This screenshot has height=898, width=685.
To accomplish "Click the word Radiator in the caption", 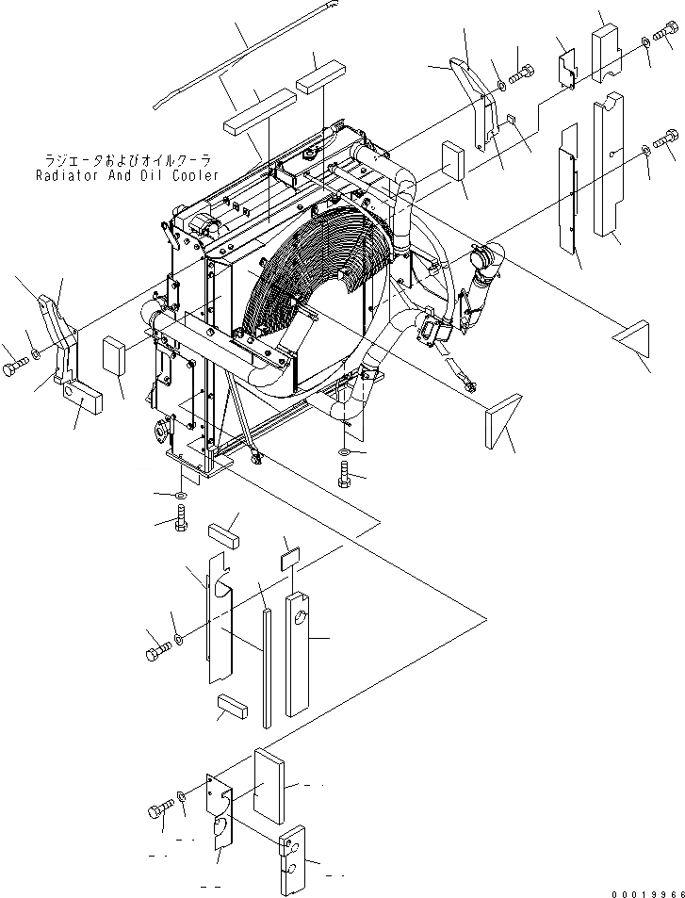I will [68, 175].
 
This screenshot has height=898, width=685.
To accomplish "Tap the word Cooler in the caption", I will [191, 175].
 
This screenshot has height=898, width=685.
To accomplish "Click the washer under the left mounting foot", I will [180, 495].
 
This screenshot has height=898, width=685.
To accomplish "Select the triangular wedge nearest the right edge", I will [632, 339].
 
